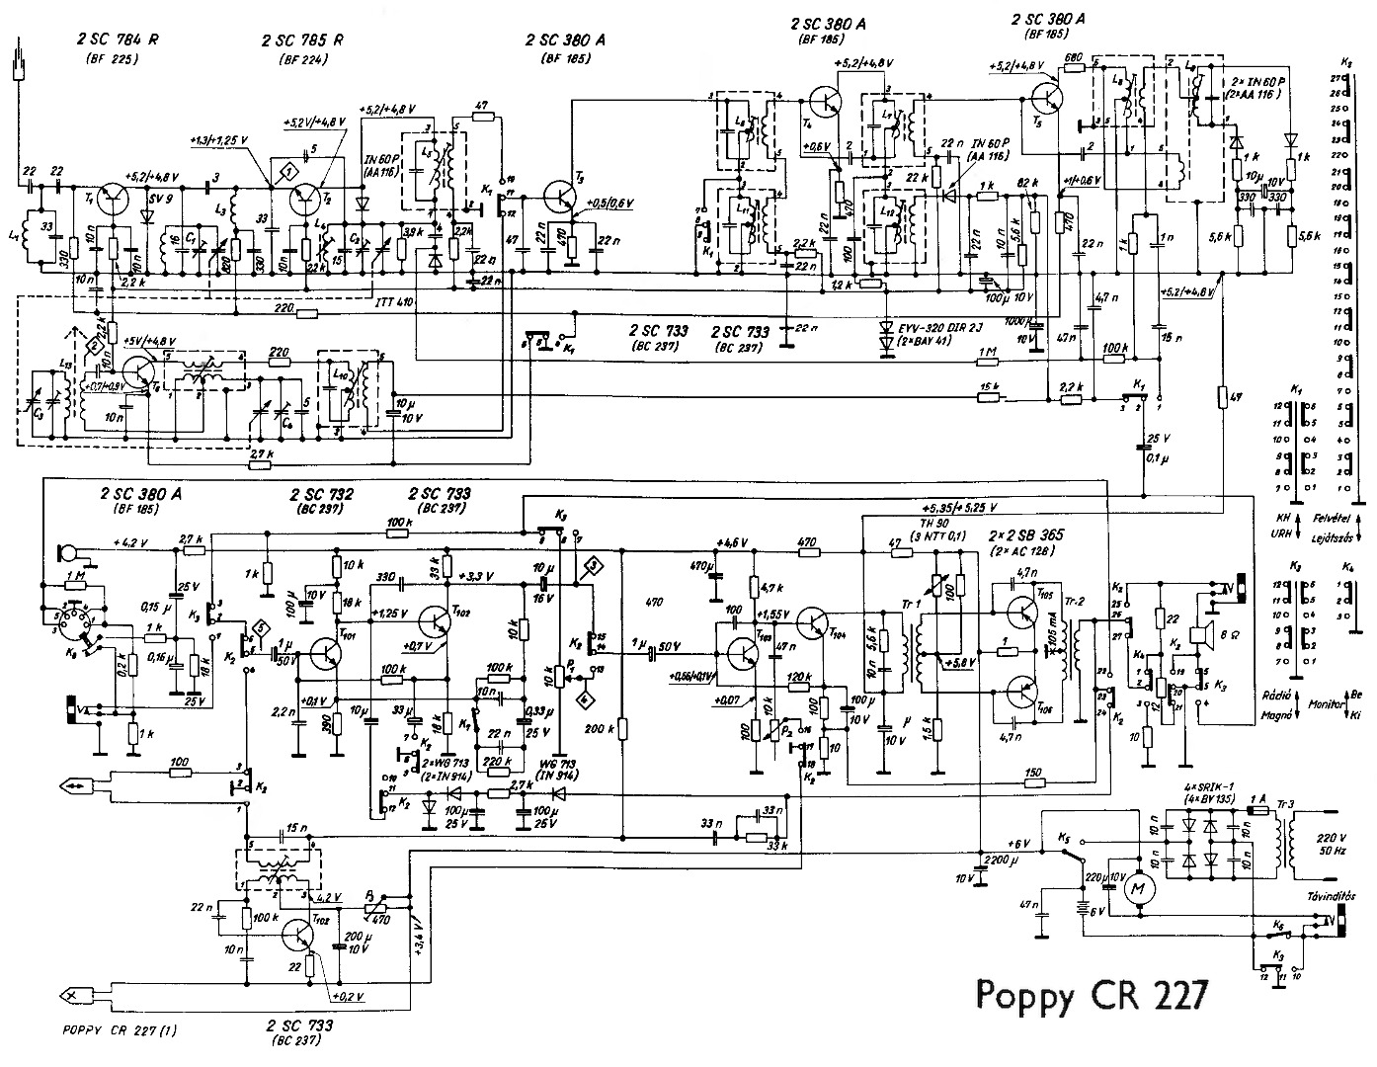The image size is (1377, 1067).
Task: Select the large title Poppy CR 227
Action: (1091, 995)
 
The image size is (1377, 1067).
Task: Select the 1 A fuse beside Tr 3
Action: (1256, 810)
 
